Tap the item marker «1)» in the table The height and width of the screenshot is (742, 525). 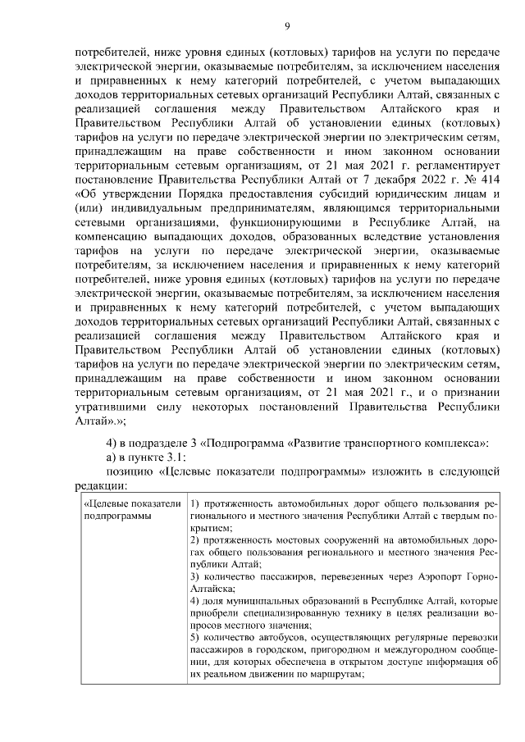(194, 503)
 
